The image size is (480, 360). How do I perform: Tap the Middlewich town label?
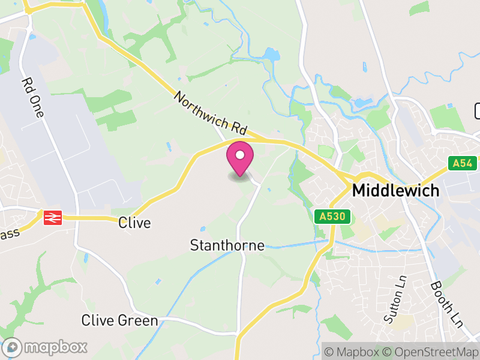point(395,191)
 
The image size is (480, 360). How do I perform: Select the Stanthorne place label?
point(227,245)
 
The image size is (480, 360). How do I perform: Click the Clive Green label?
point(119,320)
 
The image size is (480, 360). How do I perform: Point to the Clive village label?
point(134,223)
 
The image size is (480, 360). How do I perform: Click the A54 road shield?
point(463,163)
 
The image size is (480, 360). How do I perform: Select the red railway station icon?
point(53,217)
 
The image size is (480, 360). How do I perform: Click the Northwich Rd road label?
point(211,113)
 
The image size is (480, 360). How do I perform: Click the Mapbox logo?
point(46,347)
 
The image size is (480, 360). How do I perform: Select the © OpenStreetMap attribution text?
point(430,352)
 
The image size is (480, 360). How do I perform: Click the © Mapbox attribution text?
point(352,352)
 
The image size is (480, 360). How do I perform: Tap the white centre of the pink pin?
point(240,155)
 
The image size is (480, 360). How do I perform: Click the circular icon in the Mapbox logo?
point(13,347)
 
